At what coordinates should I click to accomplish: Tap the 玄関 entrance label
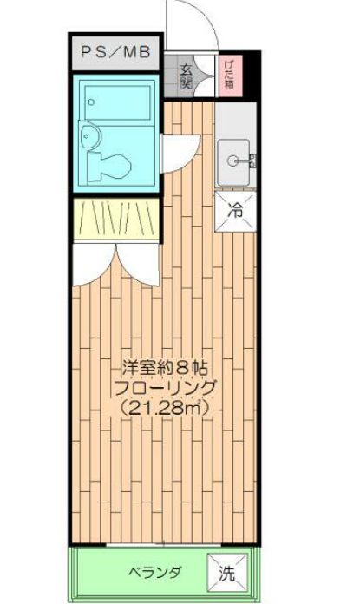click(187, 77)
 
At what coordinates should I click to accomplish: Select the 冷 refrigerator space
click(235, 208)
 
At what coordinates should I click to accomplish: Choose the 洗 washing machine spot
click(225, 572)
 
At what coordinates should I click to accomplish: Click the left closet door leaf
click(92, 258)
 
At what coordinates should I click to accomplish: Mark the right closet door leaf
click(137, 258)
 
